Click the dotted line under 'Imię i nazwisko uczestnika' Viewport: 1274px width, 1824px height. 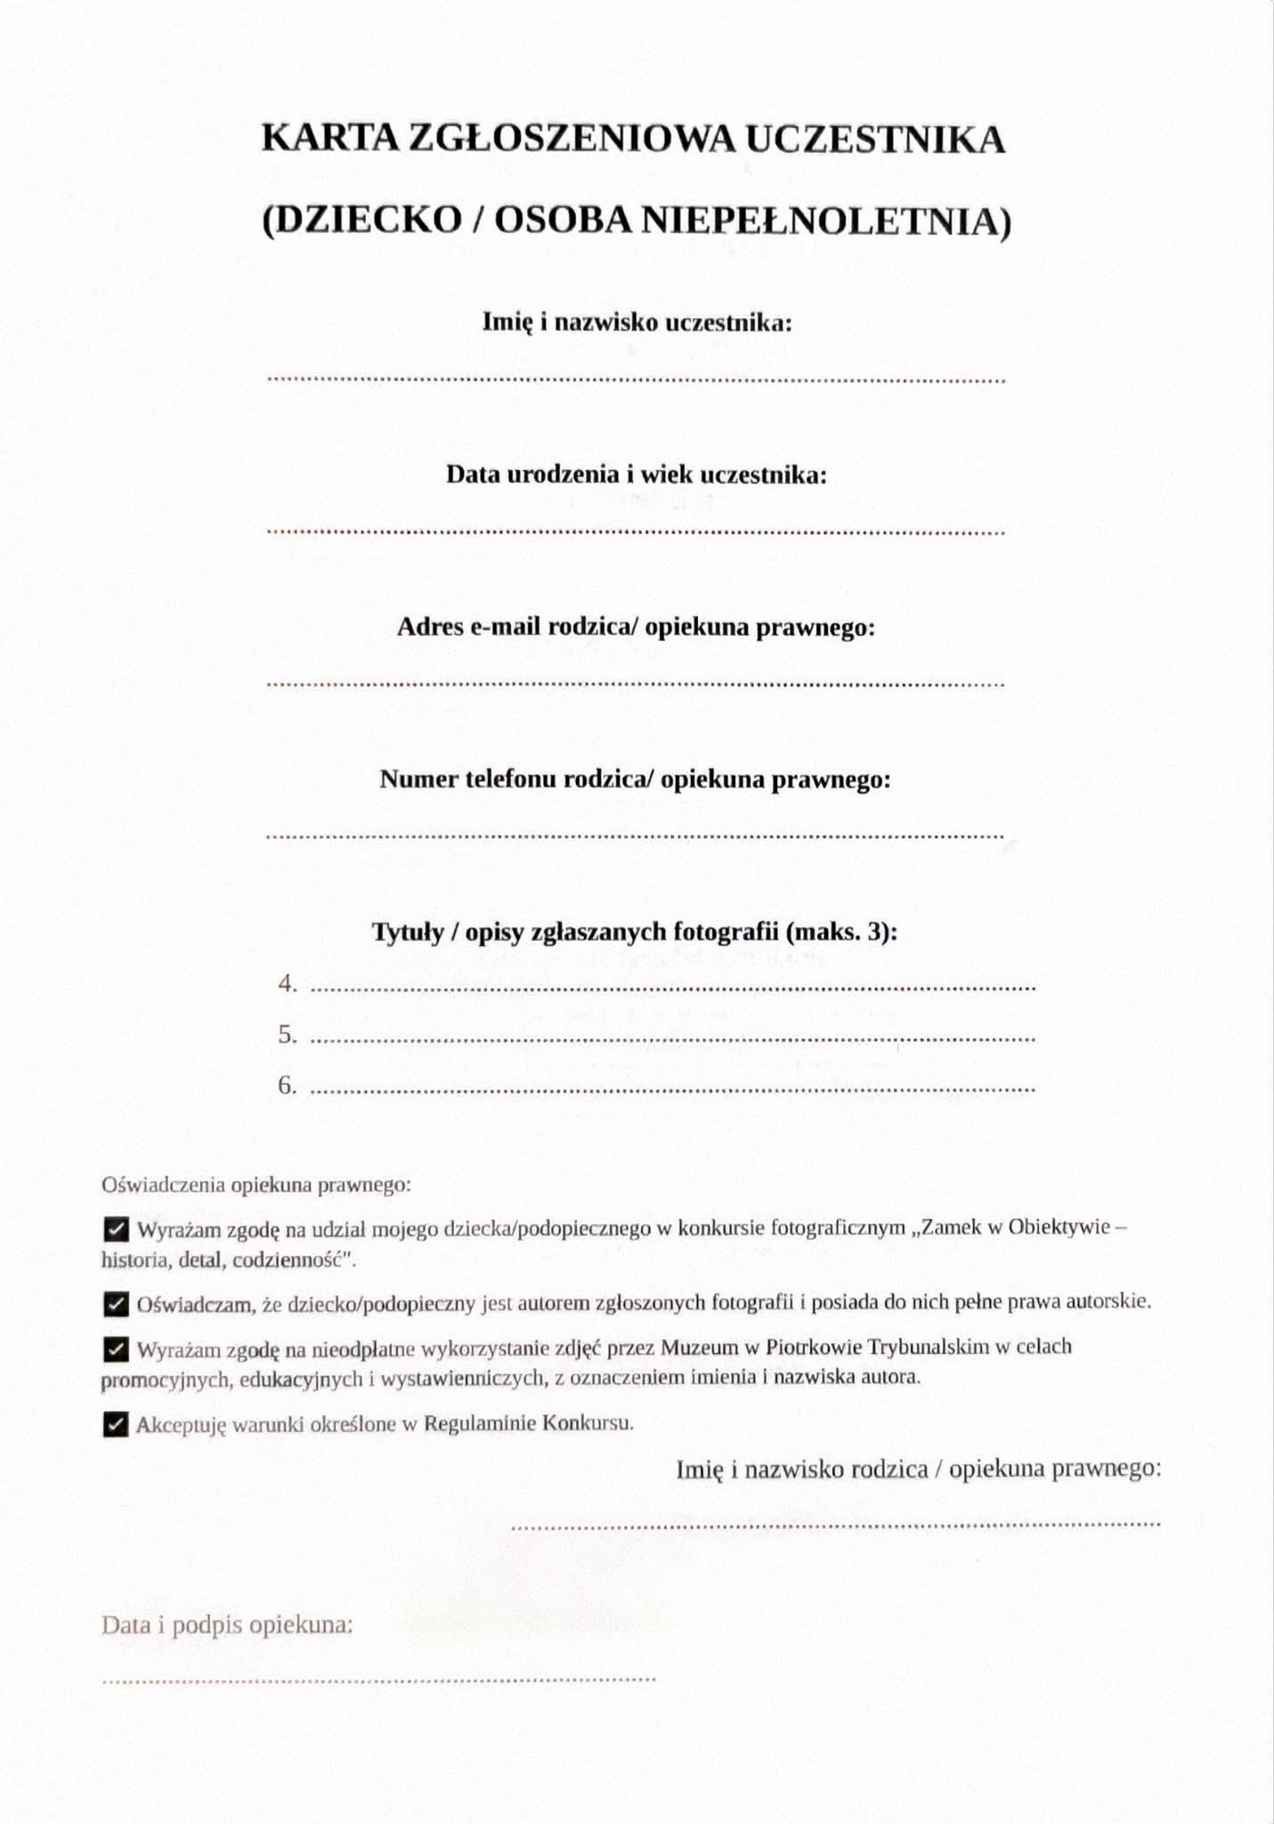tap(636, 380)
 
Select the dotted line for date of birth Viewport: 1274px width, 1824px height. tap(636, 533)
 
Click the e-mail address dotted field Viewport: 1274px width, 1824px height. tap(636, 685)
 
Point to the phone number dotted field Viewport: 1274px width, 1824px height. tap(636, 836)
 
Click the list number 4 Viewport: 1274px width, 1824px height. tap(288, 984)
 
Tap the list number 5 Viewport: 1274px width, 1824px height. tap(288, 1035)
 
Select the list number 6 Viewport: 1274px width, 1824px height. tap(288, 1086)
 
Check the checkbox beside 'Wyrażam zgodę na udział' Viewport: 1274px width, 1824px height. tap(116, 1230)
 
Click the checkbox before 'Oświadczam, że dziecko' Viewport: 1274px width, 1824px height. tap(116, 1305)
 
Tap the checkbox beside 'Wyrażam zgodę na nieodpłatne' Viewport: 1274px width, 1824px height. tap(116, 1349)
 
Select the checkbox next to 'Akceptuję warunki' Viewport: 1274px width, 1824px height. tap(116, 1425)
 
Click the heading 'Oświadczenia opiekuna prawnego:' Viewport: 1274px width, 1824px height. tap(256, 1185)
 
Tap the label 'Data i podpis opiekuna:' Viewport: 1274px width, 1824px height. tap(227, 1625)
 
